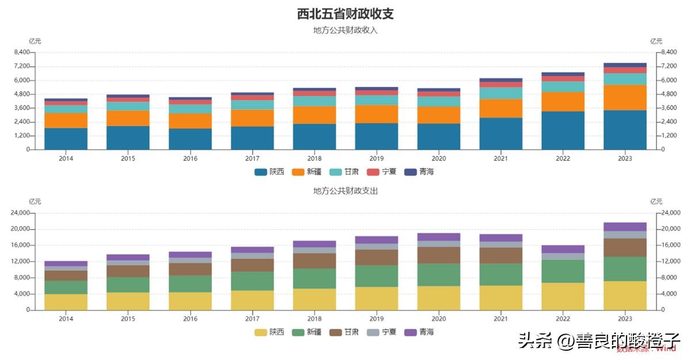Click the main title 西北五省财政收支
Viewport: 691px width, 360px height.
tap(345, 13)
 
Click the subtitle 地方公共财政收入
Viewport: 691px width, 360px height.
tap(345, 30)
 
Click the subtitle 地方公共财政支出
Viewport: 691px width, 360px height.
tap(345, 191)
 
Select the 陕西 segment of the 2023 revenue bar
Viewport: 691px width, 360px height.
tap(625, 130)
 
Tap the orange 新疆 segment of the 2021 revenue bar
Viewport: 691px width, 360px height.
tap(500, 108)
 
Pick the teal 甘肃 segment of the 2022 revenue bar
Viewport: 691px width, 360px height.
tap(563, 86)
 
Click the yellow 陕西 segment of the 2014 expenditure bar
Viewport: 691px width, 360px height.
tap(66, 302)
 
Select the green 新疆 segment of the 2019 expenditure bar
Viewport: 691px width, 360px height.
tap(377, 276)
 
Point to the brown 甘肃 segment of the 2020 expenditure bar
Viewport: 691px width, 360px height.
tap(439, 255)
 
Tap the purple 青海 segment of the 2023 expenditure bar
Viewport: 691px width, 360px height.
tap(625, 227)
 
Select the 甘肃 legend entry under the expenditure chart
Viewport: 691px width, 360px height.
tap(344, 332)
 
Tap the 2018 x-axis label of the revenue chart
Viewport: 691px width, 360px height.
tap(314, 158)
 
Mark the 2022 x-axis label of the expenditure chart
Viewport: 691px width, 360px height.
tap(563, 319)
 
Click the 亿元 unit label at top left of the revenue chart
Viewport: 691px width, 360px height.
tap(35, 41)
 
